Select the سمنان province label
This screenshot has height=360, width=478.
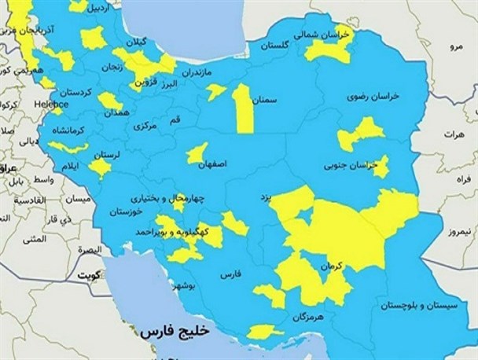(265, 101)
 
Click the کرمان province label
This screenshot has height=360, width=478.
(331, 267)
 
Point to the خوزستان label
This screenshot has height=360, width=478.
(127, 211)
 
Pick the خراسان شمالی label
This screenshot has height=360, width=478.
(319, 35)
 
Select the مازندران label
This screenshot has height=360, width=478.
(198, 73)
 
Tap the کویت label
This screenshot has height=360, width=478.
(83, 276)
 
